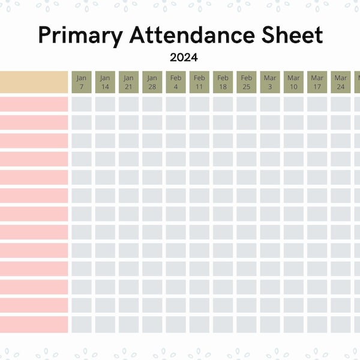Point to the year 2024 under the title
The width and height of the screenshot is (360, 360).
[184, 58]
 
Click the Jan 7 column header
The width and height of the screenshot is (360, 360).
[82, 82]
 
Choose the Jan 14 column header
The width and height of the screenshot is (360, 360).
[105, 82]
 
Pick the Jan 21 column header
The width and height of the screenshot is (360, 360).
[128, 82]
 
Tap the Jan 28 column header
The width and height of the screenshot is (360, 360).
[152, 82]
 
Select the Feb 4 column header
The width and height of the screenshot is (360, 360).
[176, 82]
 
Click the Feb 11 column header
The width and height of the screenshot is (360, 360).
[199, 82]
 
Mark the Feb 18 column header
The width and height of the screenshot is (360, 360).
[223, 82]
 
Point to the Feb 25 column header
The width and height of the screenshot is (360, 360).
[247, 82]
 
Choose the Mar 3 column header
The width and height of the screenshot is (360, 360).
[270, 82]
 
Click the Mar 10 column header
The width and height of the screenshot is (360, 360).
[293, 82]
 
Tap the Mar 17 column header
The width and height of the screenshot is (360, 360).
[317, 82]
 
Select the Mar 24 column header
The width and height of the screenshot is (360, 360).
[341, 82]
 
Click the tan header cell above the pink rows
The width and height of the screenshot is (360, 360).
[34, 82]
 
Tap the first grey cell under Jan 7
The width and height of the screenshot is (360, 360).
[82, 104]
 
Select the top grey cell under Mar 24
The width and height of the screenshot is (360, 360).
[341, 104]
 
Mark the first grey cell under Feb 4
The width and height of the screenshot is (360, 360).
[176, 104]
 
